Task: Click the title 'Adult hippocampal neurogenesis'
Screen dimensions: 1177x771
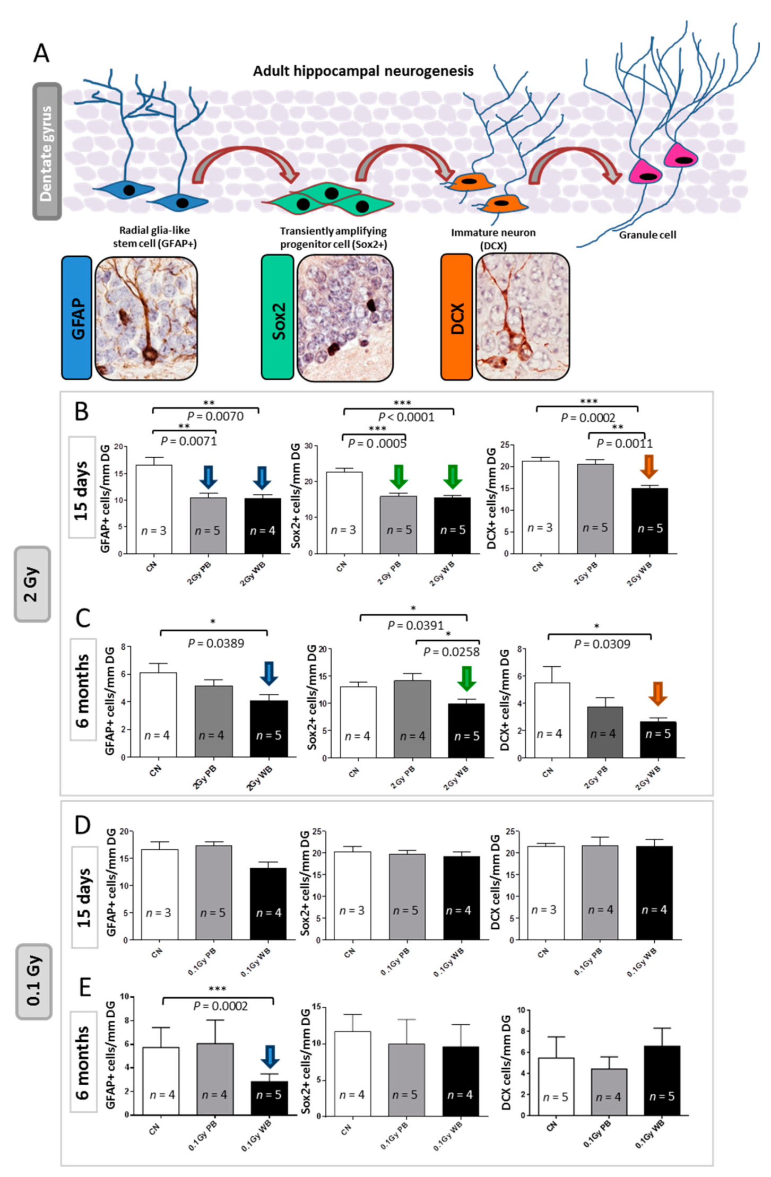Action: pyautogui.click(x=363, y=71)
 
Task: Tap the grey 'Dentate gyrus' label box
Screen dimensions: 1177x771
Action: pyautogui.click(x=47, y=152)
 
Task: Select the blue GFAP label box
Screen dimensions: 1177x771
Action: pyautogui.click(x=77, y=318)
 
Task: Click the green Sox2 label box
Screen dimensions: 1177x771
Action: pyautogui.click(x=278, y=317)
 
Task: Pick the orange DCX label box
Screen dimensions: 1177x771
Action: pyautogui.click(x=456, y=317)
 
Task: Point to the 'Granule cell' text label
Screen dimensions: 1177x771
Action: pyautogui.click(x=647, y=235)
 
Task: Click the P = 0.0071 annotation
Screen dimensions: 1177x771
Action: pyautogui.click(x=189, y=441)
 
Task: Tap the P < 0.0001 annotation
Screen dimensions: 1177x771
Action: pyautogui.click(x=406, y=417)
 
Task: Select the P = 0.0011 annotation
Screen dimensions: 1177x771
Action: pyautogui.click(x=625, y=443)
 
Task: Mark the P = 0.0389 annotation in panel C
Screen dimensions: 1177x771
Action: pyautogui.click(x=216, y=643)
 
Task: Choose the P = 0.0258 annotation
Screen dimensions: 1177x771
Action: pyautogui.click(x=451, y=651)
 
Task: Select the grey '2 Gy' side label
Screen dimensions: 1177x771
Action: pyautogui.click(x=32, y=583)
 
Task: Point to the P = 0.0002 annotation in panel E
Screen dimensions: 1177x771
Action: pyautogui.click(x=220, y=1006)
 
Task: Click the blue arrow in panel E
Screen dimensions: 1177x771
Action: pyautogui.click(x=270, y=1057)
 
